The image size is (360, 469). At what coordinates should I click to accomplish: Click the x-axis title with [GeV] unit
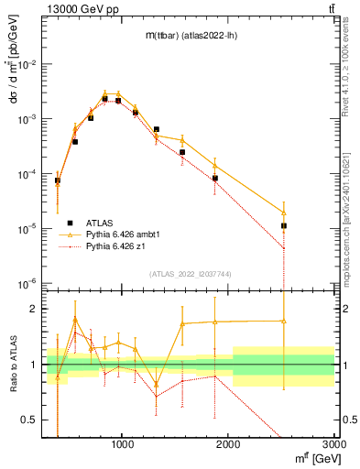point(309,457)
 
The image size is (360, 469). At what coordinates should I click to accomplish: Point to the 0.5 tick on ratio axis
point(34,420)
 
